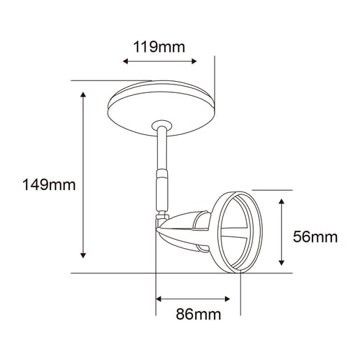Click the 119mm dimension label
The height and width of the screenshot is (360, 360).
(x=159, y=47)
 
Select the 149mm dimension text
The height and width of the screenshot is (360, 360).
(x=49, y=185)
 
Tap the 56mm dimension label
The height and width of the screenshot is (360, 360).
(x=315, y=237)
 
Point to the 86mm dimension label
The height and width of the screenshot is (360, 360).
(x=199, y=314)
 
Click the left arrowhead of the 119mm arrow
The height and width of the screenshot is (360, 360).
(x=125, y=62)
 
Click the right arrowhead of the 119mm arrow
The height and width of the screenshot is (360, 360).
(x=194, y=62)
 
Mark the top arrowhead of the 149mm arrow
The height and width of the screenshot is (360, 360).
(x=83, y=94)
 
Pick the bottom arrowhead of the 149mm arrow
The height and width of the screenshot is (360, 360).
(x=83, y=255)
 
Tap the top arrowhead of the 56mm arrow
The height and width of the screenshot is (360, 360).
(x=282, y=201)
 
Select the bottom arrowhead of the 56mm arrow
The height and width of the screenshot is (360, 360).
(x=282, y=263)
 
